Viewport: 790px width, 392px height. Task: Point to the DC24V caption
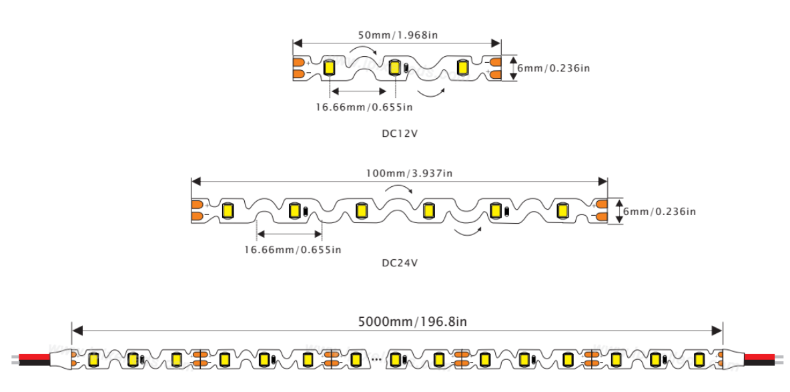tap(400, 262)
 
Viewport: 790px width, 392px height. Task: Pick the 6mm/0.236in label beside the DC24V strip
tap(659, 211)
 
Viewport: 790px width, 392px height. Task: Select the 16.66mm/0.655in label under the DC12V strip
tap(364, 107)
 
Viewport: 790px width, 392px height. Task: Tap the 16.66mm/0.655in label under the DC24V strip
tap(292, 250)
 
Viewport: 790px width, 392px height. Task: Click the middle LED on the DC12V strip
tap(395, 67)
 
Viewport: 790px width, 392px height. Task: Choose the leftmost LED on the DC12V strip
tap(329, 67)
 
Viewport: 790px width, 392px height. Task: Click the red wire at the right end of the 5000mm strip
tap(761, 356)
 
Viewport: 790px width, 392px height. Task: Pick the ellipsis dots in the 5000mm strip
tap(376, 360)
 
